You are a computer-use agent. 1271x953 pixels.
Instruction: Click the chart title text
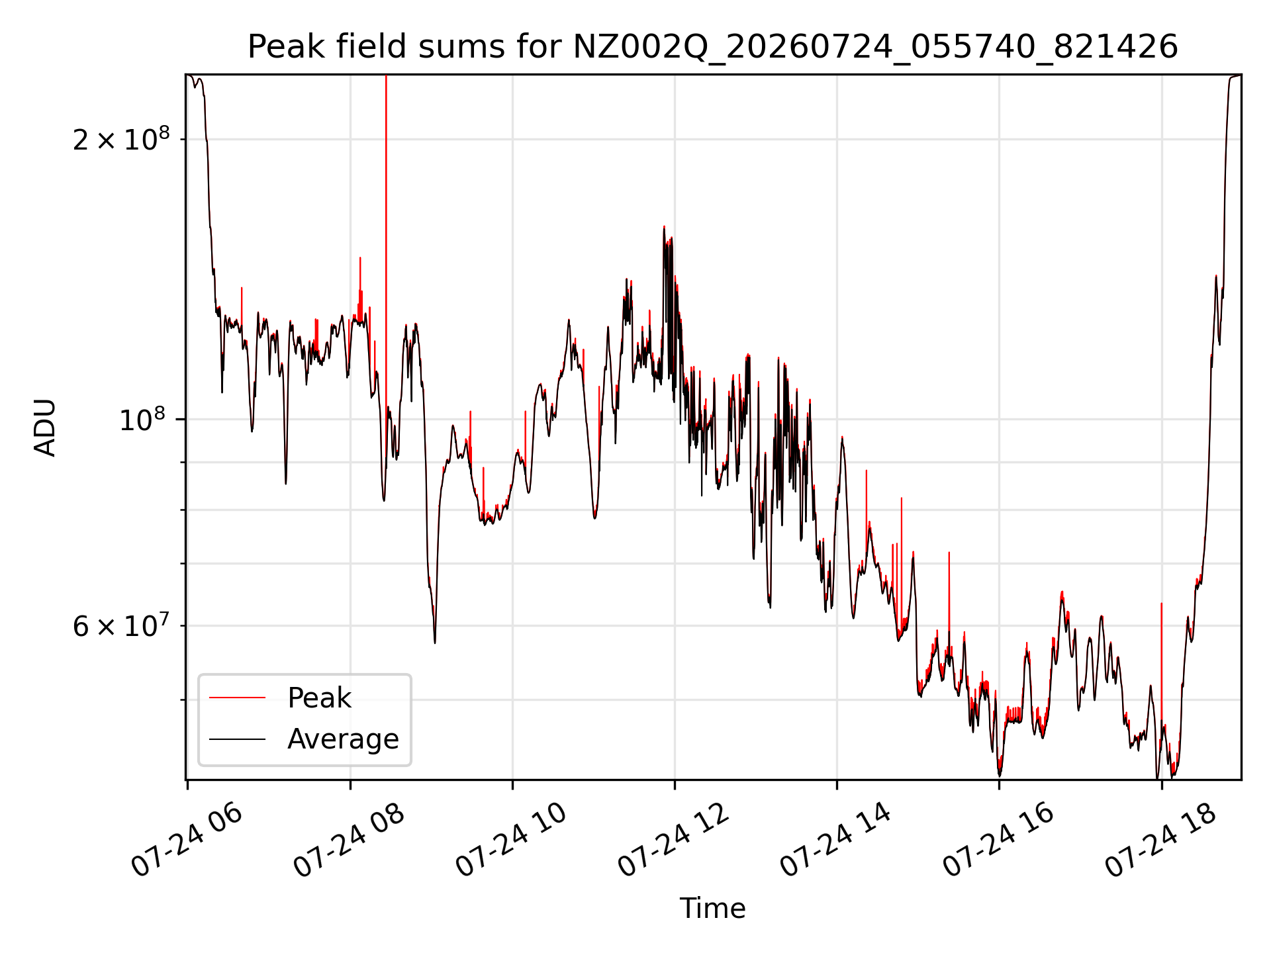(x=713, y=48)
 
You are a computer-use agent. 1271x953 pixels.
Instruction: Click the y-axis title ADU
(x=45, y=428)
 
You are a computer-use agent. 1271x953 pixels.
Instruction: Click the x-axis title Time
(x=713, y=909)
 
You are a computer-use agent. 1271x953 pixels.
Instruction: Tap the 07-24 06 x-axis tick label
(x=187, y=840)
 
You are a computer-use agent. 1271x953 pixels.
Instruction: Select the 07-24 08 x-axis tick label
(x=349, y=840)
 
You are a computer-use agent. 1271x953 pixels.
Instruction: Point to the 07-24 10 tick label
(x=512, y=840)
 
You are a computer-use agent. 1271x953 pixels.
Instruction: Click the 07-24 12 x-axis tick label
(x=674, y=840)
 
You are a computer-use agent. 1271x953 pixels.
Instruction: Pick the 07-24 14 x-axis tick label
(x=836, y=840)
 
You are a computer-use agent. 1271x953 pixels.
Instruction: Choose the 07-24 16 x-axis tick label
(x=998, y=840)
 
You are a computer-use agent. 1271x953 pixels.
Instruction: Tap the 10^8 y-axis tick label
(x=144, y=419)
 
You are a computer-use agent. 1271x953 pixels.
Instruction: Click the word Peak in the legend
(x=319, y=698)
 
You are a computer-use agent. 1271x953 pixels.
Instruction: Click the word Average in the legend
(x=343, y=739)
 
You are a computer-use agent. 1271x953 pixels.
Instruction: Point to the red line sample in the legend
(x=237, y=698)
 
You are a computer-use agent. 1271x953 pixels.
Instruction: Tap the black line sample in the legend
(x=237, y=739)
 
